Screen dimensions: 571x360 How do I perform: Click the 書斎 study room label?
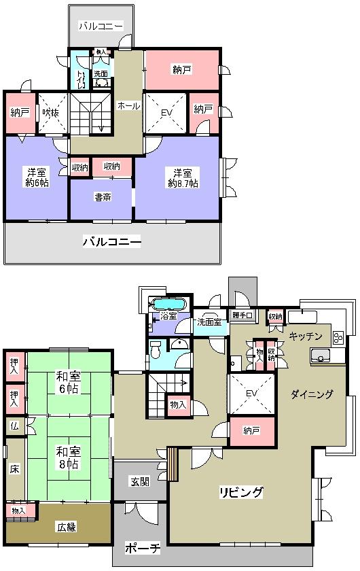coord(103,198)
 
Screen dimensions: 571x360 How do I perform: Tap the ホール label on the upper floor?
coord(128,106)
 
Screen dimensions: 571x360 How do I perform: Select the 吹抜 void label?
coord(51,113)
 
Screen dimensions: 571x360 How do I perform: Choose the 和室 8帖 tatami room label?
coord(68,457)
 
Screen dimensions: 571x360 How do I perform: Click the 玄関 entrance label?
coord(140,482)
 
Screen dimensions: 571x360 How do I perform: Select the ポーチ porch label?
coord(143,548)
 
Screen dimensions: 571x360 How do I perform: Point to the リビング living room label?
coord(240,492)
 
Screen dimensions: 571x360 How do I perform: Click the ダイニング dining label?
coord(312,394)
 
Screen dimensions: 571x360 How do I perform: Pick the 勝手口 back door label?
coord(242,315)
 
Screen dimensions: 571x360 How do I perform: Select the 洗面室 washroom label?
coord(209,322)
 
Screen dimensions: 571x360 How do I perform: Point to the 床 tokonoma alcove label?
coord(14,469)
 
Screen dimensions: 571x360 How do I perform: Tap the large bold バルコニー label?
coord(112,241)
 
